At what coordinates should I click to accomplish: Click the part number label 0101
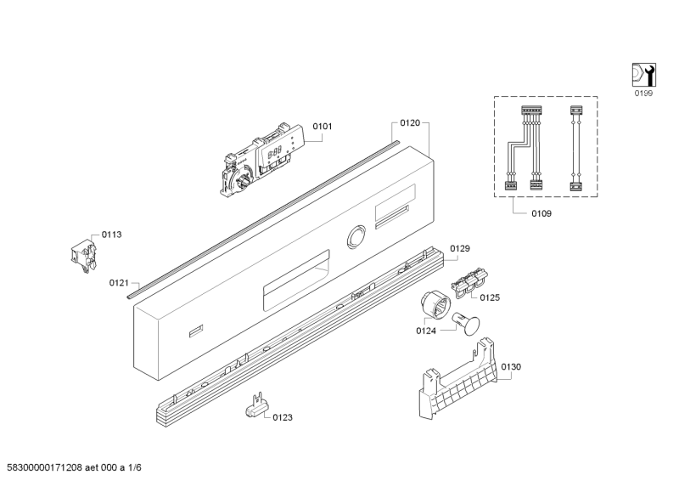[x=323, y=127]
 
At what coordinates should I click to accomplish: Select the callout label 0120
[x=410, y=123]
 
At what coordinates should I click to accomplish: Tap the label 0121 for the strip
[x=119, y=283]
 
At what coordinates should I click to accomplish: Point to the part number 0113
[x=111, y=235]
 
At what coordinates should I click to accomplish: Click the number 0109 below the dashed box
[x=542, y=213]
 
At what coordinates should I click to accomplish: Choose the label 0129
[x=460, y=248]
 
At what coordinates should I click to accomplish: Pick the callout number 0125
[x=490, y=297]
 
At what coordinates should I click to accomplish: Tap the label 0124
[x=426, y=331]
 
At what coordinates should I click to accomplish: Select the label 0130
[x=511, y=367]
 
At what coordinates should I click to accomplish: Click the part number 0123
[x=283, y=417]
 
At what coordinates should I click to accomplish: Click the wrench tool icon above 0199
[x=643, y=75]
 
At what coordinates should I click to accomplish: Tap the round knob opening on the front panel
[x=356, y=237]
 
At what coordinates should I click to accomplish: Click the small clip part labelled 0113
[x=83, y=257]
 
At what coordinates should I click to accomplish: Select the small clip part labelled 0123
[x=257, y=406]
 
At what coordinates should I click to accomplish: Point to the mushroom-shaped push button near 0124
[x=466, y=324]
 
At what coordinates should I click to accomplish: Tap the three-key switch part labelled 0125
[x=469, y=282]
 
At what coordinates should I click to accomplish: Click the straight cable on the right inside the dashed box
[x=575, y=149]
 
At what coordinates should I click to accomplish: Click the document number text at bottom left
[x=71, y=467]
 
